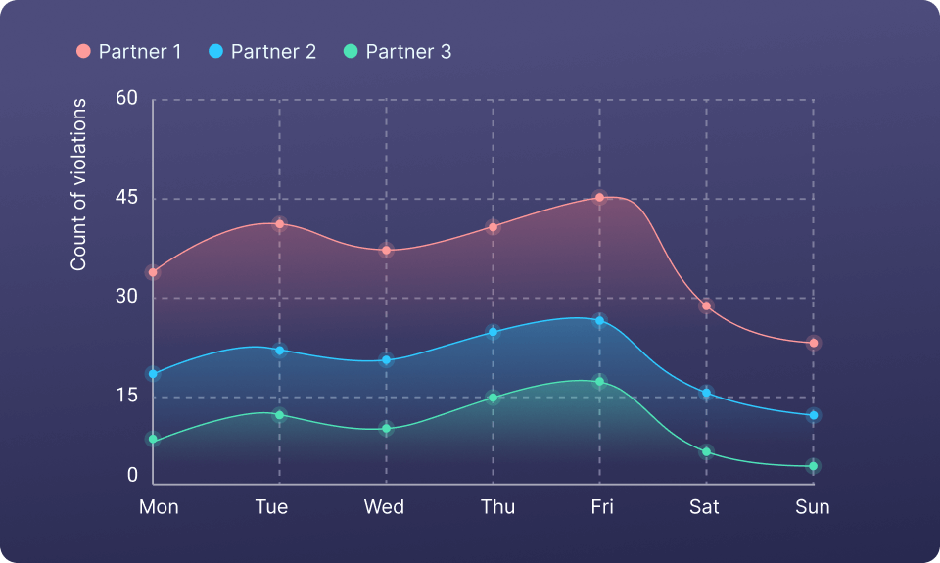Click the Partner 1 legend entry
click(129, 52)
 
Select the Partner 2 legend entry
click(262, 52)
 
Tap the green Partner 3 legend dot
click(351, 51)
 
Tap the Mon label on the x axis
click(159, 506)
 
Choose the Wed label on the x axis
click(384, 506)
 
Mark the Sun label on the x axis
click(812, 506)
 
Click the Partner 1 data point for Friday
click(599, 198)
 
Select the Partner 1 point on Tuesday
click(279, 224)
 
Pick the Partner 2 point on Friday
click(599, 321)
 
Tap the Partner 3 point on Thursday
click(493, 398)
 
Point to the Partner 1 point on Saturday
click(706, 306)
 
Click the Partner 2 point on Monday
click(153, 374)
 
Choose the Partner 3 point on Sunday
click(813, 466)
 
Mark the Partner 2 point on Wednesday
click(386, 360)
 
